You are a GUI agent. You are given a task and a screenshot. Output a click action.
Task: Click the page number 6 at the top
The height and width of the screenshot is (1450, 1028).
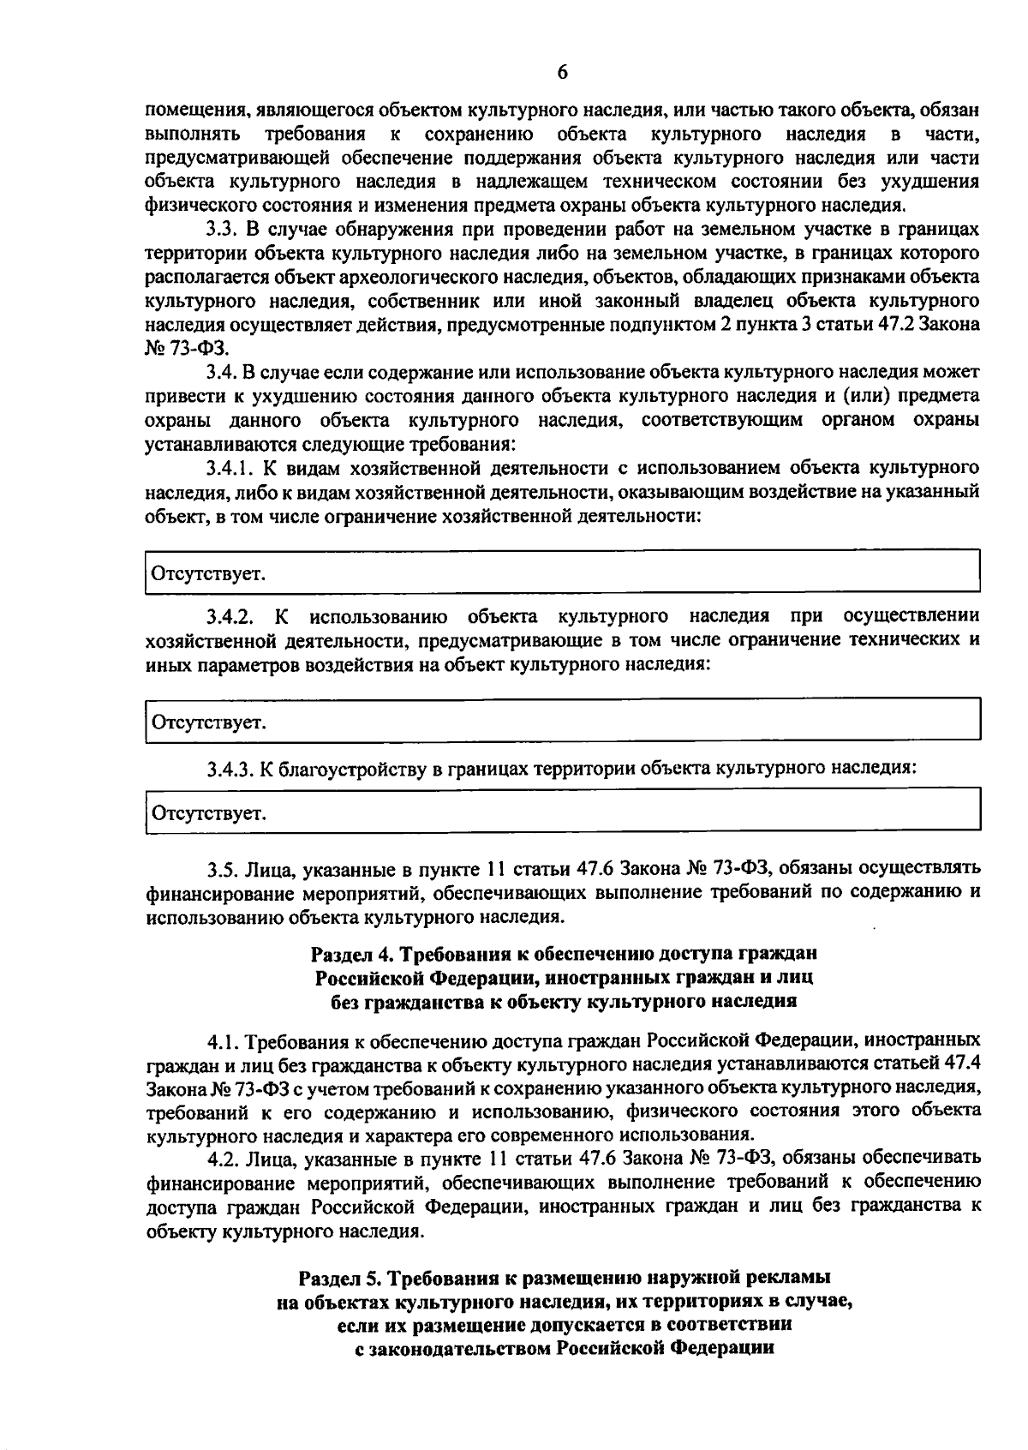click(x=562, y=73)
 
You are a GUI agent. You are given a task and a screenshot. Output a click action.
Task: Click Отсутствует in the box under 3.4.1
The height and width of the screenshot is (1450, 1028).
click(x=208, y=573)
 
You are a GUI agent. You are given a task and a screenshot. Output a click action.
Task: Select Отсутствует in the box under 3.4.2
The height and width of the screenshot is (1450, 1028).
click(x=208, y=722)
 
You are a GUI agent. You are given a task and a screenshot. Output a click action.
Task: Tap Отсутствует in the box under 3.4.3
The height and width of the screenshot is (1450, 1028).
click(x=208, y=812)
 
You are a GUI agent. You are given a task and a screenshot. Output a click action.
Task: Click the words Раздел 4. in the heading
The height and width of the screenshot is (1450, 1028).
click(x=350, y=954)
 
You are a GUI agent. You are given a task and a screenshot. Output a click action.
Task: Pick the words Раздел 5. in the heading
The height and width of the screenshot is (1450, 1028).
click(x=338, y=1278)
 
